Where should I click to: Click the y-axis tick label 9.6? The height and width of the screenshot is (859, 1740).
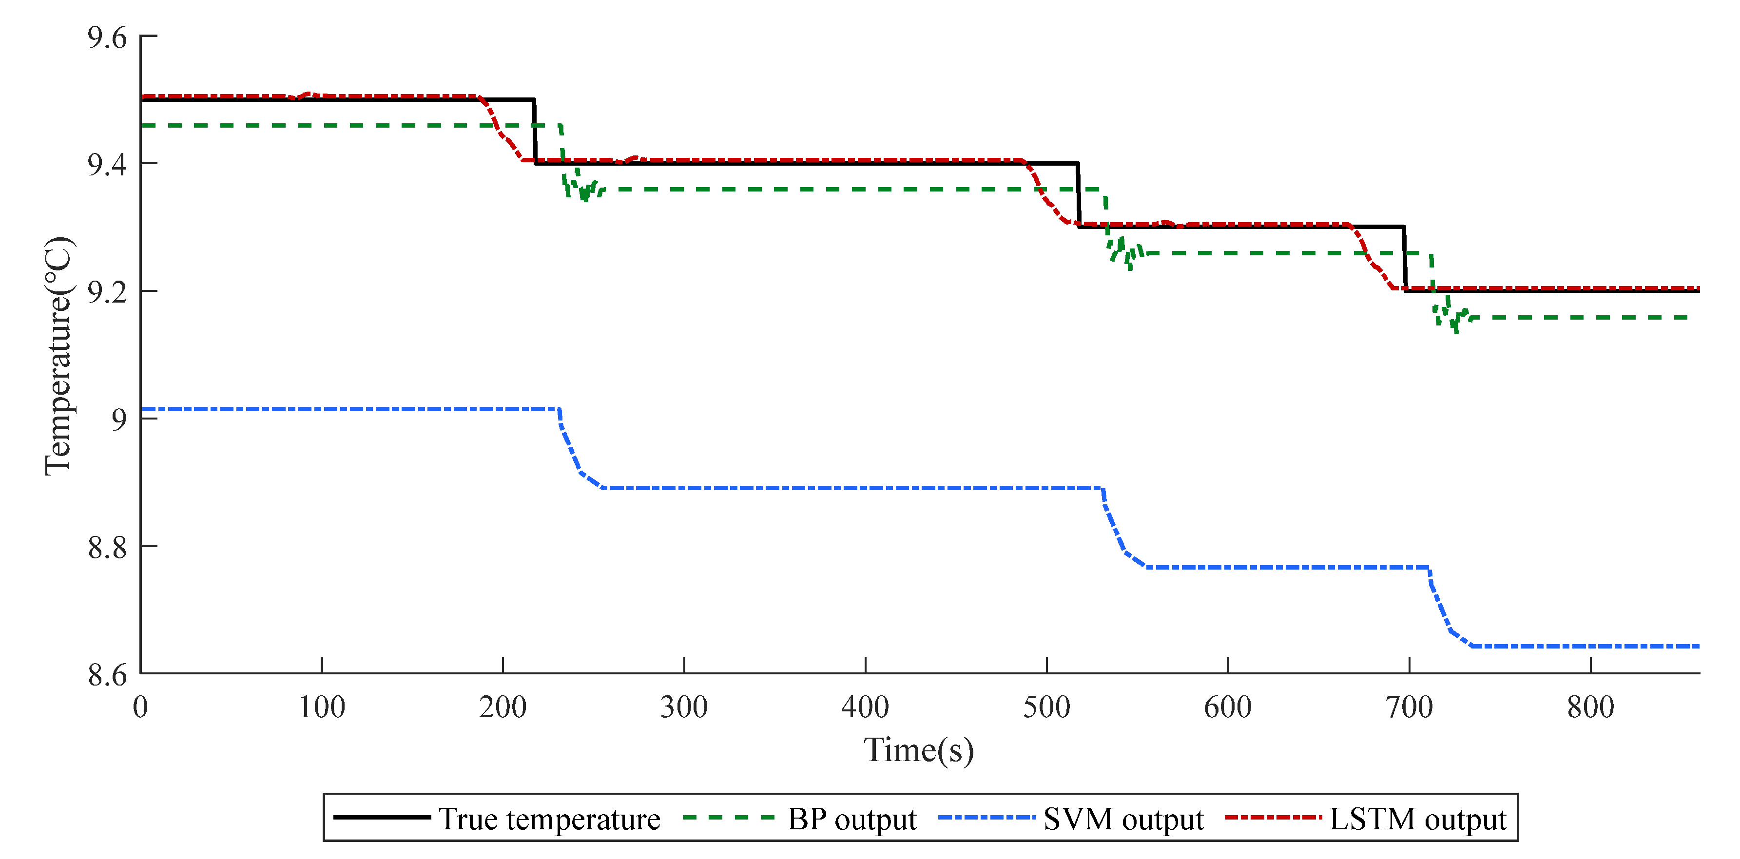click(107, 38)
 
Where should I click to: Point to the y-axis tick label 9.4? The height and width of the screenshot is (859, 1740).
click(107, 165)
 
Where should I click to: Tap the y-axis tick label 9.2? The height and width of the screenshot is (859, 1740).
click(107, 292)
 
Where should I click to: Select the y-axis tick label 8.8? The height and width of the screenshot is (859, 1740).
click(107, 547)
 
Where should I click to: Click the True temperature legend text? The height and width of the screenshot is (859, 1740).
click(549, 819)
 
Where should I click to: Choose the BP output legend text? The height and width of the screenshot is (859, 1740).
click(852, 819)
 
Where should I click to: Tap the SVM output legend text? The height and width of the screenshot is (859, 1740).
click(1123, 819)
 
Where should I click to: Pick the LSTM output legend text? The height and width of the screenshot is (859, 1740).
click(1418, 819)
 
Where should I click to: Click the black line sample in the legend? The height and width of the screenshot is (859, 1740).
click(382, 818)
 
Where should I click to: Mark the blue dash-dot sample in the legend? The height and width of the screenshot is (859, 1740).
click(986, 818)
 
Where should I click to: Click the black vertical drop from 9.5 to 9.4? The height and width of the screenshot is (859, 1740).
click(535, 132)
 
